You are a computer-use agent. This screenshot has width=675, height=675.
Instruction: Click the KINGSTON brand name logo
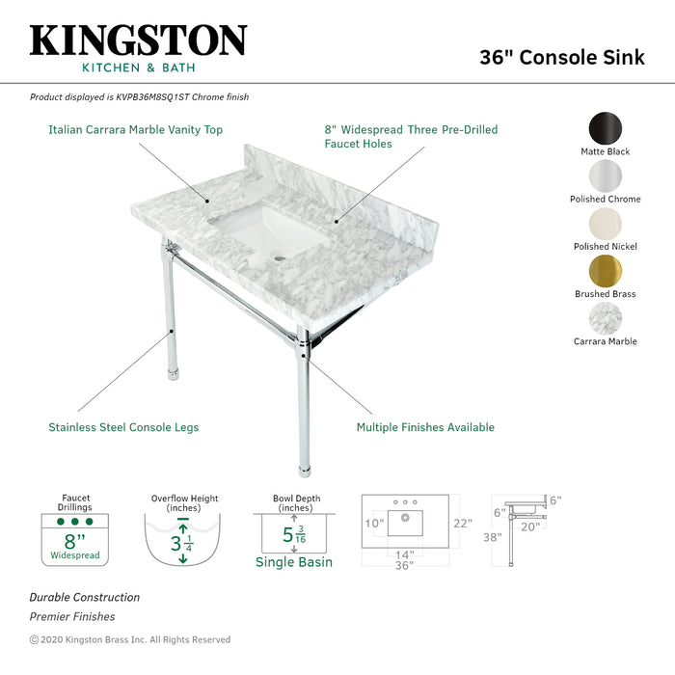(138, 41)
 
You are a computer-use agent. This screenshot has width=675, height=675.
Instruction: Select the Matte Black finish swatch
(605, 129)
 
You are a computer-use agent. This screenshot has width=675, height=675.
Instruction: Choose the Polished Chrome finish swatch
(605, 176)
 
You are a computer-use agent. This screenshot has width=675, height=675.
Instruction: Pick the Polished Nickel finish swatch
(605, 224)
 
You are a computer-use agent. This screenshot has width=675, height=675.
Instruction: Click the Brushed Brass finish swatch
(605, 271)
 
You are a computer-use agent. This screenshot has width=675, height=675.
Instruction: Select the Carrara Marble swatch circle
(605, 318)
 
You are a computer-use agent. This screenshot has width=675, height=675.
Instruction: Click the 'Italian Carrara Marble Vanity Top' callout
(136, 129)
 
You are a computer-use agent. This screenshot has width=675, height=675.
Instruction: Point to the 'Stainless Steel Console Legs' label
(123, 427)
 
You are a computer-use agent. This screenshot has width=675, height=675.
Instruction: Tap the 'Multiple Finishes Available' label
(425, 427)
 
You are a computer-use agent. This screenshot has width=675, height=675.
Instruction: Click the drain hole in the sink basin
(281, 257)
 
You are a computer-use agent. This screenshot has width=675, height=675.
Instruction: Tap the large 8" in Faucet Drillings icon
(74, 541)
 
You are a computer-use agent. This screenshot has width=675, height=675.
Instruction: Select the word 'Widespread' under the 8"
(74, 556)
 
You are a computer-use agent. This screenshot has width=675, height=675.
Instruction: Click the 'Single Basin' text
(294, 562)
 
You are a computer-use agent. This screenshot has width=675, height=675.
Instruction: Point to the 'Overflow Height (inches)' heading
(184, 503)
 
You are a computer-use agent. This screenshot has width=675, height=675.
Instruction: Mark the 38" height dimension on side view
(494, 537)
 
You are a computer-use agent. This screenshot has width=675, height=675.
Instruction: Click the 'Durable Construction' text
(85, 598)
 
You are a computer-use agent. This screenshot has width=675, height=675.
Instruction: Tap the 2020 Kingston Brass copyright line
(130, 639)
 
